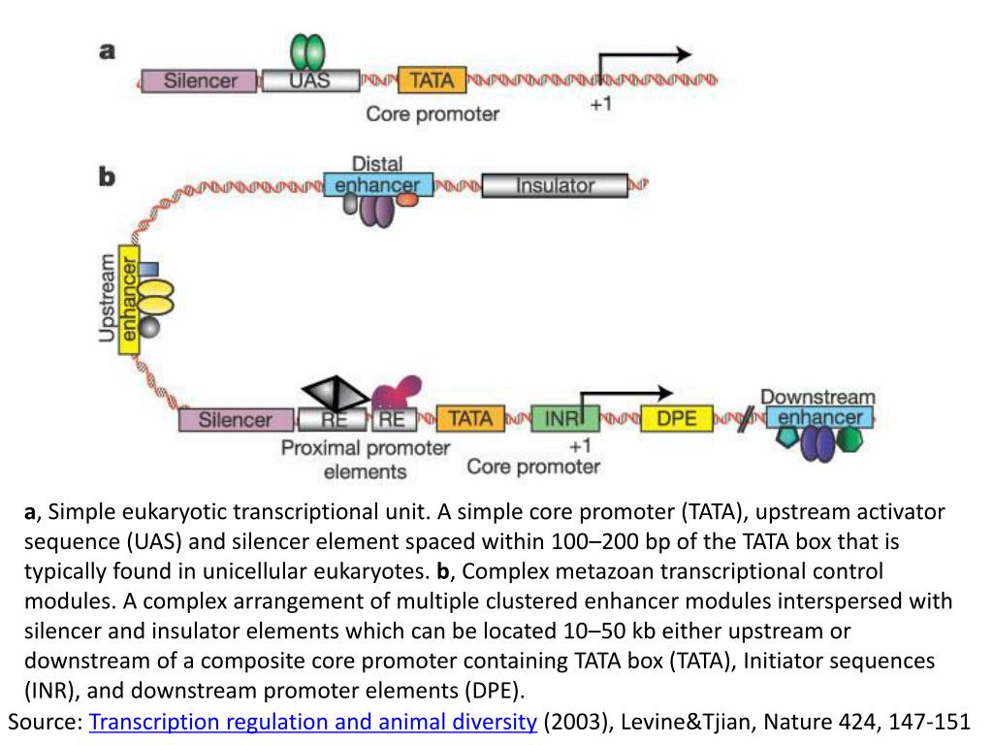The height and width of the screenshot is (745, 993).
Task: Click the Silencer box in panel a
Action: pos(200,81)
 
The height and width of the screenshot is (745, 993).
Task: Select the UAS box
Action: pos(310,81)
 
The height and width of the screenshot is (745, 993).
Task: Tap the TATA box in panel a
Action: pos(432,80)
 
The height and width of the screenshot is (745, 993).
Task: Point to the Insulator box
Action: pos(555,184)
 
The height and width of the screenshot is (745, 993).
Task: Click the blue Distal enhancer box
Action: pos(378,184)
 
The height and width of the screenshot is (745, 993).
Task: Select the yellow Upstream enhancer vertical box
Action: pos(129,299)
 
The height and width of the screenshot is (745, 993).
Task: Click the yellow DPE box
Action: pos(676,419)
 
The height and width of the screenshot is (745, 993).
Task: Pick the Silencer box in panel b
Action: pos(237,420)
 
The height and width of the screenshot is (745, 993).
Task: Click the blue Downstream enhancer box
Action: pos(820,418)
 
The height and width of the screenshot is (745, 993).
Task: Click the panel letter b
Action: pos(107,177)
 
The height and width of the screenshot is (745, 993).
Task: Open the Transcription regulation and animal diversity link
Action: pos(313,722)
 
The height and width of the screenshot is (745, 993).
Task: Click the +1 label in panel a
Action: pos(601,105)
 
